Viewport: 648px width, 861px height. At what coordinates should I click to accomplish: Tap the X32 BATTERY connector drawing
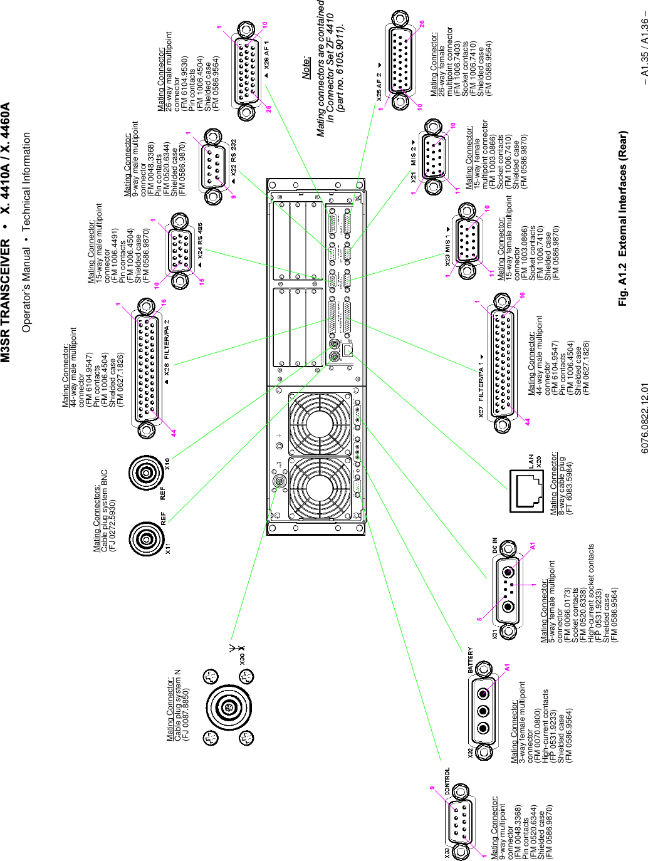[x=483, y=711]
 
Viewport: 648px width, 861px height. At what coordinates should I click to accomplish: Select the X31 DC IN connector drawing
[x=508, y=589]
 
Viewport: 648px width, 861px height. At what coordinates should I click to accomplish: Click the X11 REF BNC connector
[x=147, y=538]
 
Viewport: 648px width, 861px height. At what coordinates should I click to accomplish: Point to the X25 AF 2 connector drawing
[x=399, y=61]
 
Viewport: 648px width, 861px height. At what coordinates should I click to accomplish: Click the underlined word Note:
[x=306, y=68]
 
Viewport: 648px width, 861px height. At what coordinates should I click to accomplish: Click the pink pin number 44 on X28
[x=174, y=432]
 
